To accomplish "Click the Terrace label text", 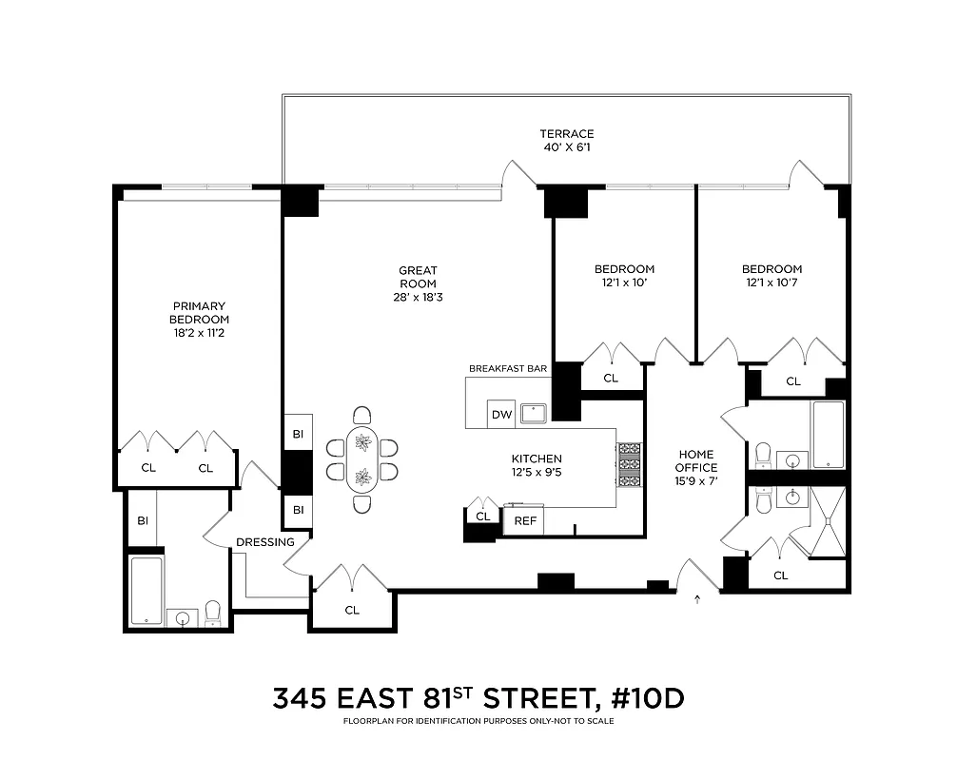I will tap(566, 134).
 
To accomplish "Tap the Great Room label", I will tap(418, 277).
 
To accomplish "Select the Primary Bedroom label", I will tap(200, 319).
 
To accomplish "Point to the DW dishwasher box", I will tap(500, 415).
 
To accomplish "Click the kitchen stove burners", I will tap(630, 465).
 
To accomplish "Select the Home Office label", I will tap(696, 460).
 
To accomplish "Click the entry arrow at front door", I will tap(698, 599).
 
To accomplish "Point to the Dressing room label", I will tap(265, 542).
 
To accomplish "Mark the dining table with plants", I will tap(362, 459).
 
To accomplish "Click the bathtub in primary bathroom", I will tap(147, 592).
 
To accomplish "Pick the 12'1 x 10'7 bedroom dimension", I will tap(771, 283).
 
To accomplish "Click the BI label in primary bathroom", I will tap(143, 520).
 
